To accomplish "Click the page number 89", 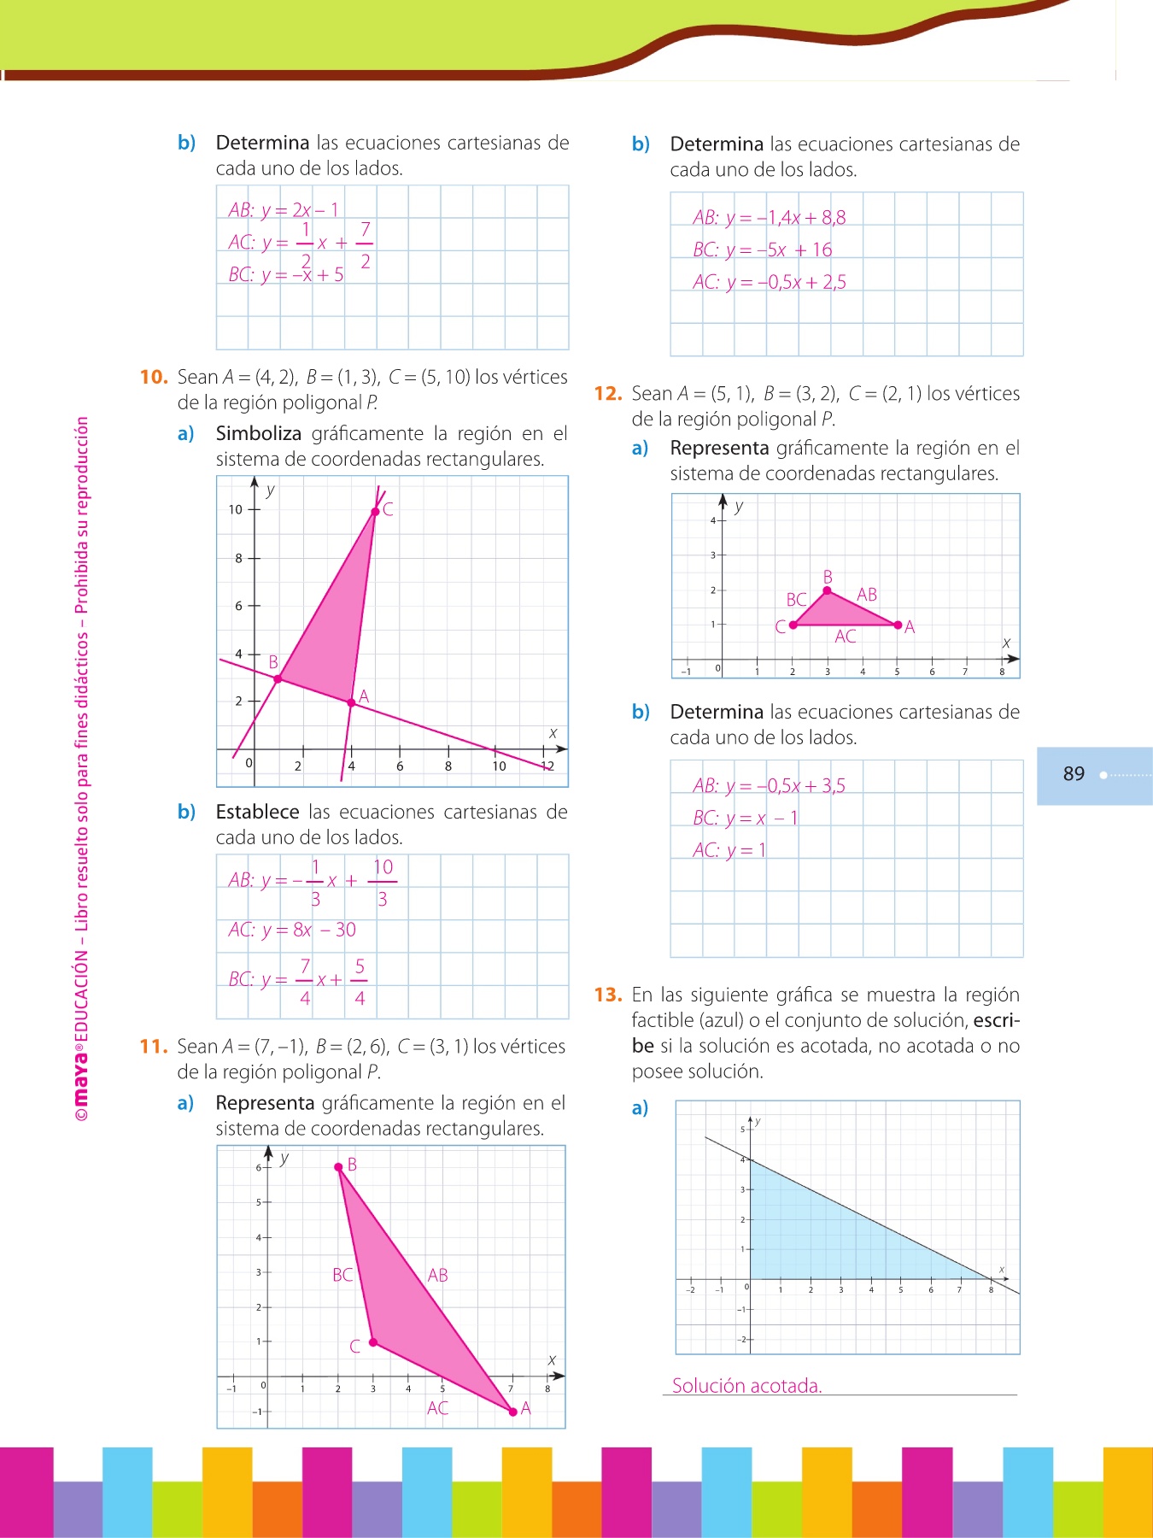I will (1074, 774).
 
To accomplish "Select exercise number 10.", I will (154, 378).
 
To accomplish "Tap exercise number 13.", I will (608, 995).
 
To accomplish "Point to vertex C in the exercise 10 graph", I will (375, 512).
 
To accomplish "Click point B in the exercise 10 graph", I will (278, 678).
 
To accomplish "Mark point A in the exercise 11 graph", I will (512, 1412).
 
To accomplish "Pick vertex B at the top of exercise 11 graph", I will (338, 1166).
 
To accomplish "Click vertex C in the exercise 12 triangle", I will (793, 625).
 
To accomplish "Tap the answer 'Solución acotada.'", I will (746, 1386).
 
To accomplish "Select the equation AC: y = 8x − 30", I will (292, 930).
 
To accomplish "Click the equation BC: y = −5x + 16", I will (762, 249).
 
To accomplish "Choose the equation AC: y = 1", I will (729, 850).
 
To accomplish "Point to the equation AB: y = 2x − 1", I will (284, 209).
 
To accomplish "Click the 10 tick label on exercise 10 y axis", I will (235, 510).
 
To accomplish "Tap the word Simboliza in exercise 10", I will (258, 434).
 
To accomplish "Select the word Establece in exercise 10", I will (257, 812).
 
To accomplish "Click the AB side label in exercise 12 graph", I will (867, 595).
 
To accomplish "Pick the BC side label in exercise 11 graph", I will (342, 1275).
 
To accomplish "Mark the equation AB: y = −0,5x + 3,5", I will (769, 785).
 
